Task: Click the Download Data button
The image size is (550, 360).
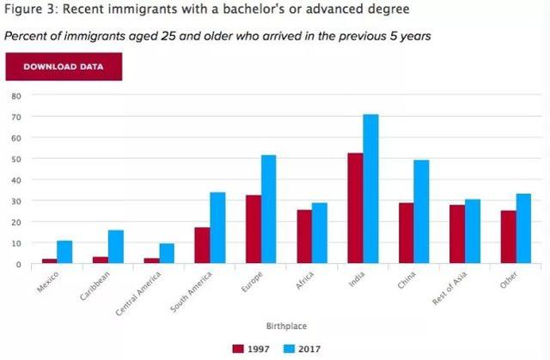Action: [x=64, y=66]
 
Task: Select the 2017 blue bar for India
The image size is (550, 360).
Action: [x=370, y=189]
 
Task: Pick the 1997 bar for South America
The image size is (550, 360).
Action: [x=202, y=246]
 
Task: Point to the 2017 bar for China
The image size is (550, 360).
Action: [x=421, y=212]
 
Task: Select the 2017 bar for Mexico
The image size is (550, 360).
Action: [x=64, y=253]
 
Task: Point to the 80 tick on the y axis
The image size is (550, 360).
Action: [x=15, y=95]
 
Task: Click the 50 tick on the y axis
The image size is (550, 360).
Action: [x=15, y=159]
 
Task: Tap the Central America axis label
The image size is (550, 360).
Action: [x=137, y=292]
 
